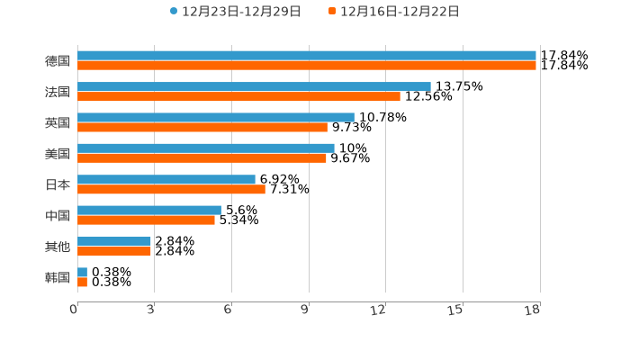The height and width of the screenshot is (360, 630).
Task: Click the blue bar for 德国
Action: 306,56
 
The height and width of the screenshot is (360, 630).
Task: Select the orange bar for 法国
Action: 238,96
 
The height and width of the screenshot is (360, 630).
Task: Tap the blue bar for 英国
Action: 216,117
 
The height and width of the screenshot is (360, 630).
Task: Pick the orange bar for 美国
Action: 202,157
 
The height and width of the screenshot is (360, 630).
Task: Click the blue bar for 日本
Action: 166,179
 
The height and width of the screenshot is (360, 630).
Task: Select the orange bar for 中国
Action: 146,220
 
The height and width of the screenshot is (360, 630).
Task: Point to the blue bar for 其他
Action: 114,241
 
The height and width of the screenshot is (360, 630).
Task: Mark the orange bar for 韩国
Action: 82,282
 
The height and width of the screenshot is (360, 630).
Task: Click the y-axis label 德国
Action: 58,61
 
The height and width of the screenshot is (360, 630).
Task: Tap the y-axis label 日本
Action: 58,184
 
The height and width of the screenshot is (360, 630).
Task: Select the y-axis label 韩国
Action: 58,277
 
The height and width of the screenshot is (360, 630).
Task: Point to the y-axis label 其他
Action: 58,247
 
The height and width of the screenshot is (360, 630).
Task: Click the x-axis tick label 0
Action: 74,310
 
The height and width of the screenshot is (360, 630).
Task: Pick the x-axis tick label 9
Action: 305,310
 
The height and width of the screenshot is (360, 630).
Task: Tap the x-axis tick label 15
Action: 454,310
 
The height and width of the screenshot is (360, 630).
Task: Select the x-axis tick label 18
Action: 532,310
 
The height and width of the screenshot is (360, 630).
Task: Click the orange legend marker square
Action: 332,12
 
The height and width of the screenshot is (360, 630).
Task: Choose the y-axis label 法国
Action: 58,92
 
